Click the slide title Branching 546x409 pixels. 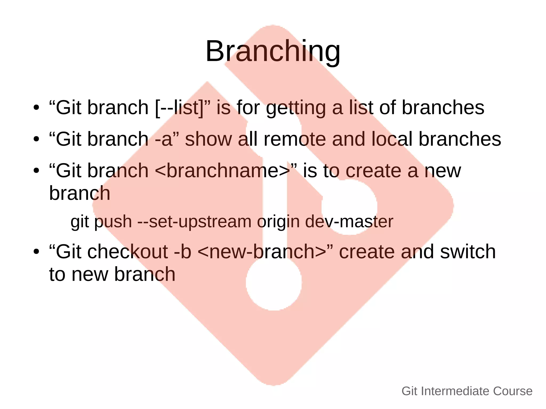(273, 51)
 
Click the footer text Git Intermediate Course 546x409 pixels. (467, 391)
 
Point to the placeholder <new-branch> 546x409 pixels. (262, 252)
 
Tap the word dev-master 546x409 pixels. (349, 222)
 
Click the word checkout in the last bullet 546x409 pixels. (128, 252)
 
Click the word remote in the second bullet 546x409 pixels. (295, 139)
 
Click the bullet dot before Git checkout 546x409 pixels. (37, 252)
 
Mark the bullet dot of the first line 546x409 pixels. (37, 108)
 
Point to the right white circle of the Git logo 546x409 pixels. (349, 207)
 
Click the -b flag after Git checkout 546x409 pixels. (183, 252)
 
